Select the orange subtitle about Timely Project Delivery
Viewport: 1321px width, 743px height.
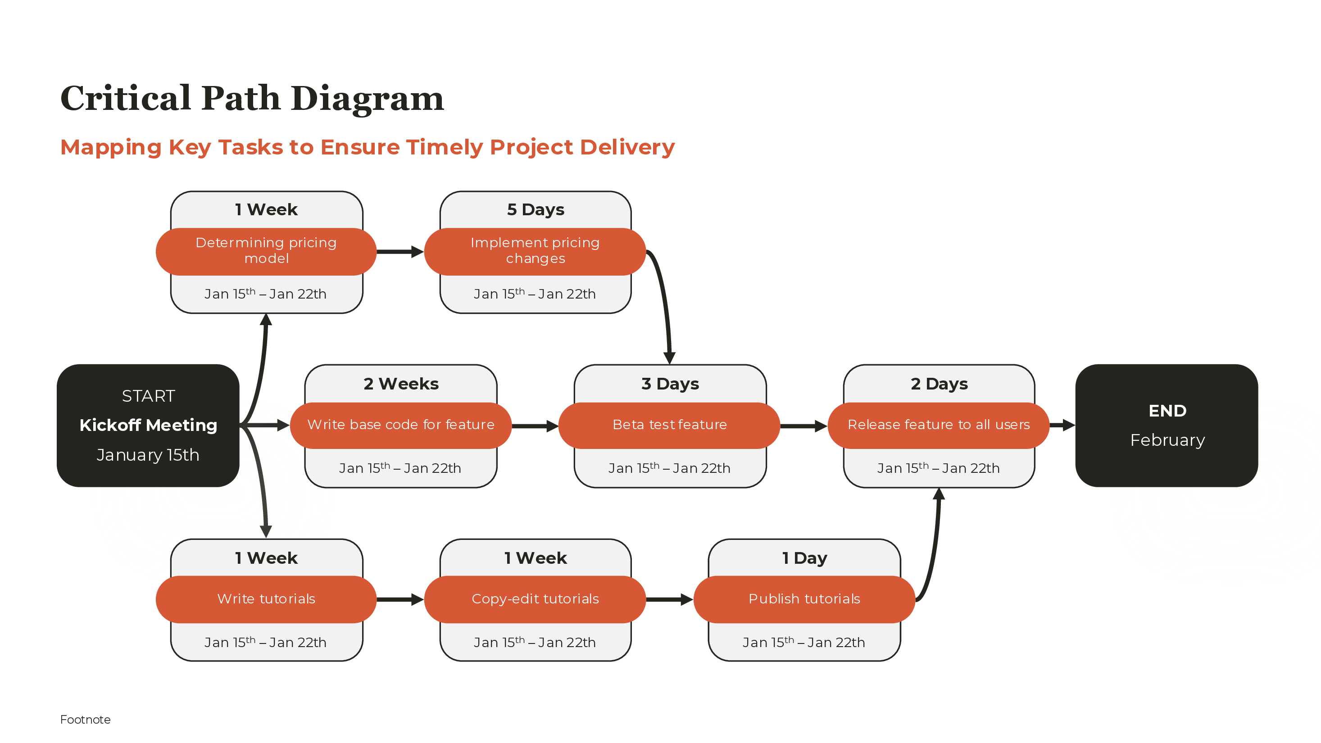[367, 147]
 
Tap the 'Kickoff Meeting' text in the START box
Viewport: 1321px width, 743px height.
[148, 425]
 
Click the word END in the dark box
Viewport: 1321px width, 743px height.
[1167, 411]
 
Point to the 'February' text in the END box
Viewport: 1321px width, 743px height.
[1167, 440]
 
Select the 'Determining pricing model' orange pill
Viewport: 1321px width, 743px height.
[266, 251]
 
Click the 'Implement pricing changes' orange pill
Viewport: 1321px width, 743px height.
[535, 251]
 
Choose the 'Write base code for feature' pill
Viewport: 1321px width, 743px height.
[400, 425]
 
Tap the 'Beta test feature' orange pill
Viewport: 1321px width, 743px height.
[669, 425]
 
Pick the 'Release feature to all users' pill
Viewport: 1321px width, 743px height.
[939, 425]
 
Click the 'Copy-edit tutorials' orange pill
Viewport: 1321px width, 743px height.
[535, 599]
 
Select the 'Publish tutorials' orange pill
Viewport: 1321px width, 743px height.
[804, 599]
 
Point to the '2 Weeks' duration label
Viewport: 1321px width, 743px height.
[401, 384]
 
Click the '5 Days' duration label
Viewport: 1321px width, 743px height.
[536, 210]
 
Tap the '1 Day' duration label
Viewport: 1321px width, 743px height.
[804, 558]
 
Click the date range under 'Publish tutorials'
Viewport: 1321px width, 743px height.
[803, 643]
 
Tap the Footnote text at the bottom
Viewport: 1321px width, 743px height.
[85, 720]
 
